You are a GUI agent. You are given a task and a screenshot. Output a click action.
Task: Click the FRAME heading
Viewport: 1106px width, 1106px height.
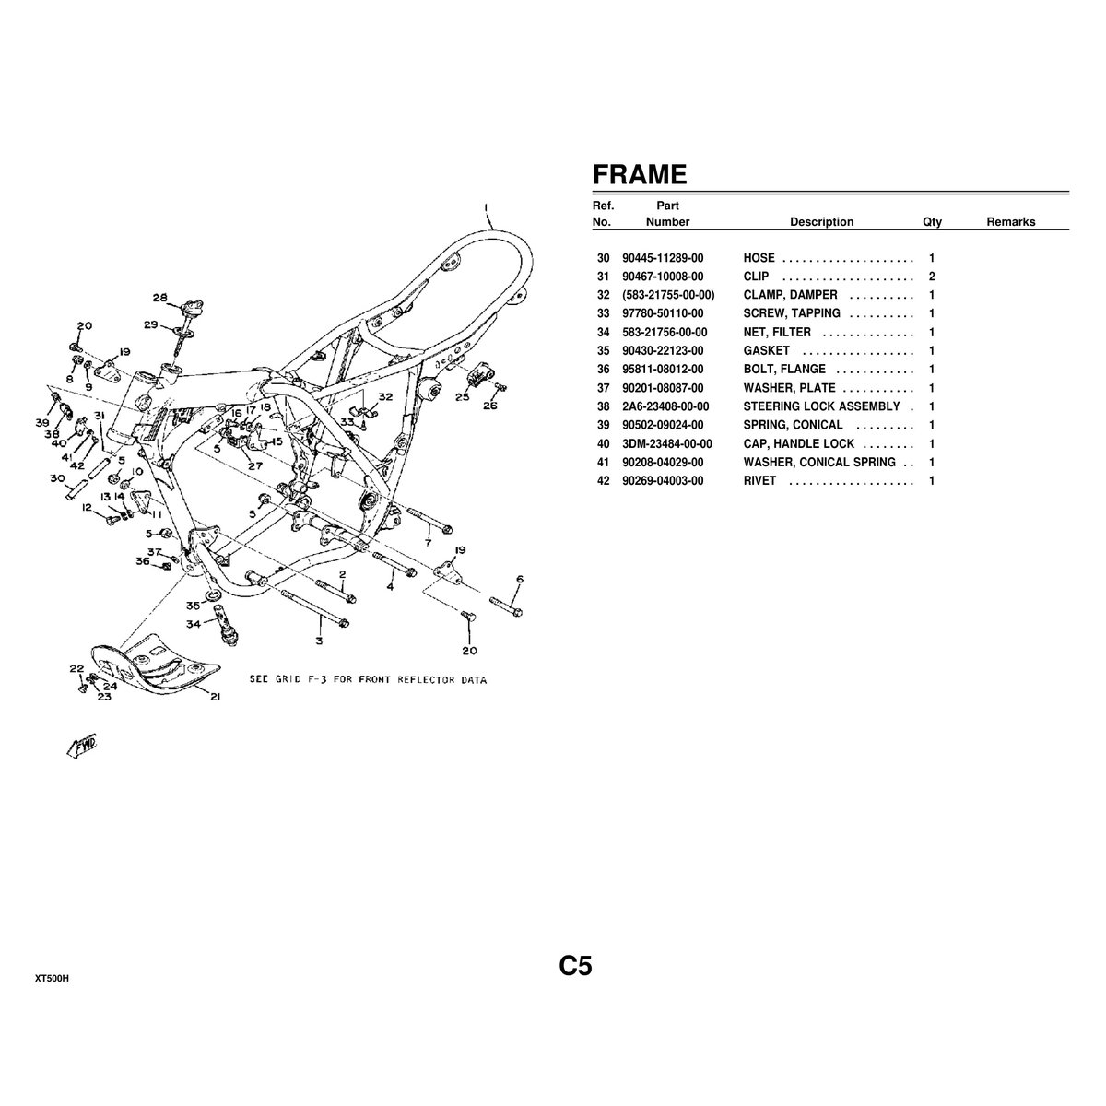click(639, 175)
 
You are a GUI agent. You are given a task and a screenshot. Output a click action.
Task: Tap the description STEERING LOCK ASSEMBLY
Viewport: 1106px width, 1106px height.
click(821, 406)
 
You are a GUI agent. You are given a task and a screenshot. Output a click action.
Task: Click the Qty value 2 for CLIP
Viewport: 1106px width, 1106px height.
click(932, 276)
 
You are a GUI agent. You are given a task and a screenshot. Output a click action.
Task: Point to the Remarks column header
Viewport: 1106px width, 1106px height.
click(1010, 222)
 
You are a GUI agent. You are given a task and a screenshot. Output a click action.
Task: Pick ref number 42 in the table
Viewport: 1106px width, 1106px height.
click(604, 480)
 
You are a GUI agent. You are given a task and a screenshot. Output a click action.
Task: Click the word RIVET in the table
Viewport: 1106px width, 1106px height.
click(759, 480)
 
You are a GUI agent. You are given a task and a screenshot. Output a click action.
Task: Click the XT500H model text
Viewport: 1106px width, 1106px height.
click(53, 977)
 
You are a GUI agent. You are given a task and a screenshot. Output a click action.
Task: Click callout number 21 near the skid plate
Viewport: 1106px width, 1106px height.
click(214, 697)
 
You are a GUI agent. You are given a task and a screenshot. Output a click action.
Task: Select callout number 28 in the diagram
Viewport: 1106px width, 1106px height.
click(160, 298)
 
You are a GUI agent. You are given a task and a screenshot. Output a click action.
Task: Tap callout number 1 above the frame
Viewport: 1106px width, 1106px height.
click(486, 206)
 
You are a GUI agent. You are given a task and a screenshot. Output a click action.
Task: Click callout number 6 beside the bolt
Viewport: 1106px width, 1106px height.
click(520, 580)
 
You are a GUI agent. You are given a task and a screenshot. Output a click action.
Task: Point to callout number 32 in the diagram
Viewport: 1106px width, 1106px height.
click(385, 396)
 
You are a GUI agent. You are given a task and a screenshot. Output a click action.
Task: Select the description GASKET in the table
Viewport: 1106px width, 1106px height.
click(766, 351)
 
